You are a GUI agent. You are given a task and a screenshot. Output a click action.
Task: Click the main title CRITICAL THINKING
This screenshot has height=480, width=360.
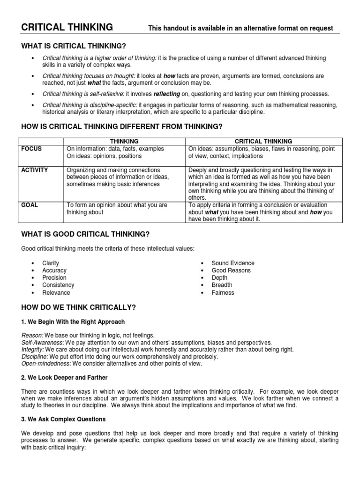(x=67, y=28)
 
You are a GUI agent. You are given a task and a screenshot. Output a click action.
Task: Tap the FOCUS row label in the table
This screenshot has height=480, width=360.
(x=31, y=149)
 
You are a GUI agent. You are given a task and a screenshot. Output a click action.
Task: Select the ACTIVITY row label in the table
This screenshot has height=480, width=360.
(x=35, y=170)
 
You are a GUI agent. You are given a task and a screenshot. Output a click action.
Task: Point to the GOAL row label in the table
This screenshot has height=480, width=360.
(x=30, y=205)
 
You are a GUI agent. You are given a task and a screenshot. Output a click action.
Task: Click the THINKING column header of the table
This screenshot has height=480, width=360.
(x=124, y=141)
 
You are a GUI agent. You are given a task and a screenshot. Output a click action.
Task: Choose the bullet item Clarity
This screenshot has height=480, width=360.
(x=51, y=263)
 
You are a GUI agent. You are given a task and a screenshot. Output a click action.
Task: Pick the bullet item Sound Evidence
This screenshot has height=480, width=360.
(x=233, y=263)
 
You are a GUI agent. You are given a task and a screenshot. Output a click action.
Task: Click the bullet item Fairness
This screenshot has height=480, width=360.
(x=223, y=292)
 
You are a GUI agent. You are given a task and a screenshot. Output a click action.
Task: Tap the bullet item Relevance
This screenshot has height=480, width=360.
(x=56, y=292)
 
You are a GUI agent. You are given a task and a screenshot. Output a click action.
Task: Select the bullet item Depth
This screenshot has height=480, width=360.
(x=219, y=278)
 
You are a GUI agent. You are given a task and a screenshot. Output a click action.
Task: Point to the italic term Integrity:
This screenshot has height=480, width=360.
(x=33, y=350)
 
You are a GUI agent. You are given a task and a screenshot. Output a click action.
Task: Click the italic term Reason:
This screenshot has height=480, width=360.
(x=32, y=336)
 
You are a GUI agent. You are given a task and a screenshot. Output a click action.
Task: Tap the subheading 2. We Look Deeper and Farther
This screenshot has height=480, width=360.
(x=65, y=377)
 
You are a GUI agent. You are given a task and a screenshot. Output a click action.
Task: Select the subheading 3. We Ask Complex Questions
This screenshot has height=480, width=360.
(x=64, y=419)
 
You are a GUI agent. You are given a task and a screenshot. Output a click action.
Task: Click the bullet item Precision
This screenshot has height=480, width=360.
(x=54, y=278)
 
